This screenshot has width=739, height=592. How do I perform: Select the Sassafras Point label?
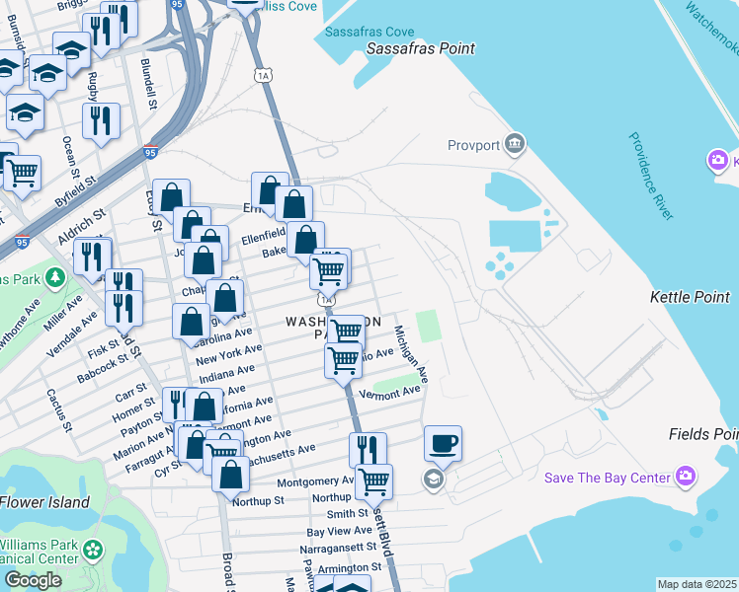pyautogui.click(x=421, y=48)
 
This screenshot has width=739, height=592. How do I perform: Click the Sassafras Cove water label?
pyautogui.click(x=370, y=32)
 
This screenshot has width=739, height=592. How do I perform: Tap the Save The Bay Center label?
pyautogui.click(x=608, y=479)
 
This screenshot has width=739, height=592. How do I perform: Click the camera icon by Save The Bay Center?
pyautogui.click(x=687, y=479)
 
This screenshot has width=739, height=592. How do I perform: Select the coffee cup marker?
pyautogui.click(x=443, y=442)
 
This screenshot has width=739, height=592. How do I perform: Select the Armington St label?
pyautogui.click(x=350, y=567)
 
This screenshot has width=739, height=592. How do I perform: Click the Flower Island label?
pyautogui.click(x=44, y=502)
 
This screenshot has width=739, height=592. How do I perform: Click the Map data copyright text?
pyautogui.click(x=696, y=584)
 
